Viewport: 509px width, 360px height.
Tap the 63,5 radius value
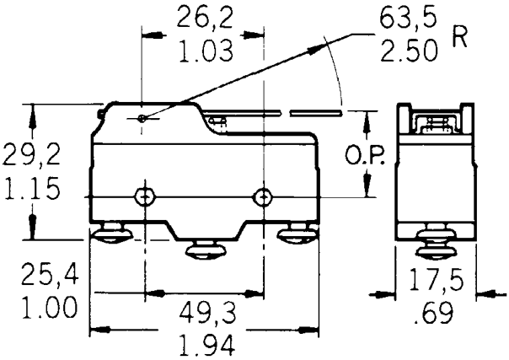point(411,19)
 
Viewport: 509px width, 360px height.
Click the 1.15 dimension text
point(31,189)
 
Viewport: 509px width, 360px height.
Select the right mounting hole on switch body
point(264,196)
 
